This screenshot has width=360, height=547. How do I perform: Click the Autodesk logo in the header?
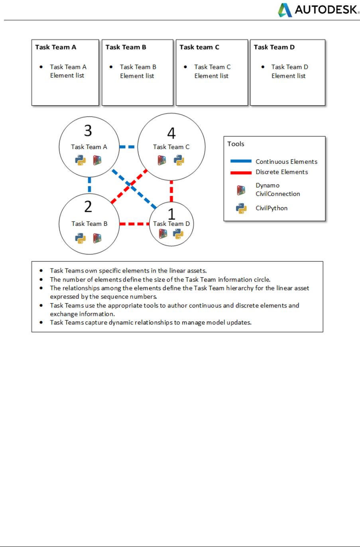pyautogui.click(x=319, y=10)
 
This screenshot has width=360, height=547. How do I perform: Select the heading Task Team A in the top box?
pyautogui.click(x=55, y=47)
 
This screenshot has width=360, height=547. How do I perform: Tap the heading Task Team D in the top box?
pyautogui.click(x=274, y=47)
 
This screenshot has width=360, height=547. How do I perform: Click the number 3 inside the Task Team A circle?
pyautogui.click(x=88, y=131)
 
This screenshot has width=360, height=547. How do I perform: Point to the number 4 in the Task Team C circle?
pyautogui.click(x=171, y=133)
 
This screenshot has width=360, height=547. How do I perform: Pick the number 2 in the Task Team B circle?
pyautogui.click(x=88, y=206)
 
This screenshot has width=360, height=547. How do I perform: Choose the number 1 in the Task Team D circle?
pyautogui.click(x=171, y=214)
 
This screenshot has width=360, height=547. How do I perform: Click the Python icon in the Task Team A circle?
pyautogui.click(x=81, y=160)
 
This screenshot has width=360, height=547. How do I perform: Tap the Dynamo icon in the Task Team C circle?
pyautogui.click(x=161, y=160)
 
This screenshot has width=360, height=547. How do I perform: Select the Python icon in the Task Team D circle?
pyautogui.click(x=179, y=234)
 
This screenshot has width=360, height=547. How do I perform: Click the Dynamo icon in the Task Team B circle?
pyautogui.click(x=97, y=238)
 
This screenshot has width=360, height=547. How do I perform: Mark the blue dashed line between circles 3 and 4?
pyautogui.click(x=128, y=147)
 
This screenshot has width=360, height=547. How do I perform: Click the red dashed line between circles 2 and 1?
pyautogui.click(x=134, y=224)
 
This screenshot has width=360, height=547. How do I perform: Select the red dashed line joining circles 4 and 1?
pyautogui.click(x=171, y=191)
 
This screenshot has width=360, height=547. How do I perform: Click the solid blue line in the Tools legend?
pyautogui.click(x=241, y=161)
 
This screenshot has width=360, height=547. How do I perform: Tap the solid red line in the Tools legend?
pyautogui.click(x=241, y=173)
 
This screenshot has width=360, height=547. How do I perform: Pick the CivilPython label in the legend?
pyautogui.click(x=271, y=208)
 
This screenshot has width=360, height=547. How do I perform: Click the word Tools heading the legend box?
pyautogui.click(x=236, y=144)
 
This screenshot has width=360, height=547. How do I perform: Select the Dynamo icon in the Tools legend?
pyautogui.click(x=241, y=190)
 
